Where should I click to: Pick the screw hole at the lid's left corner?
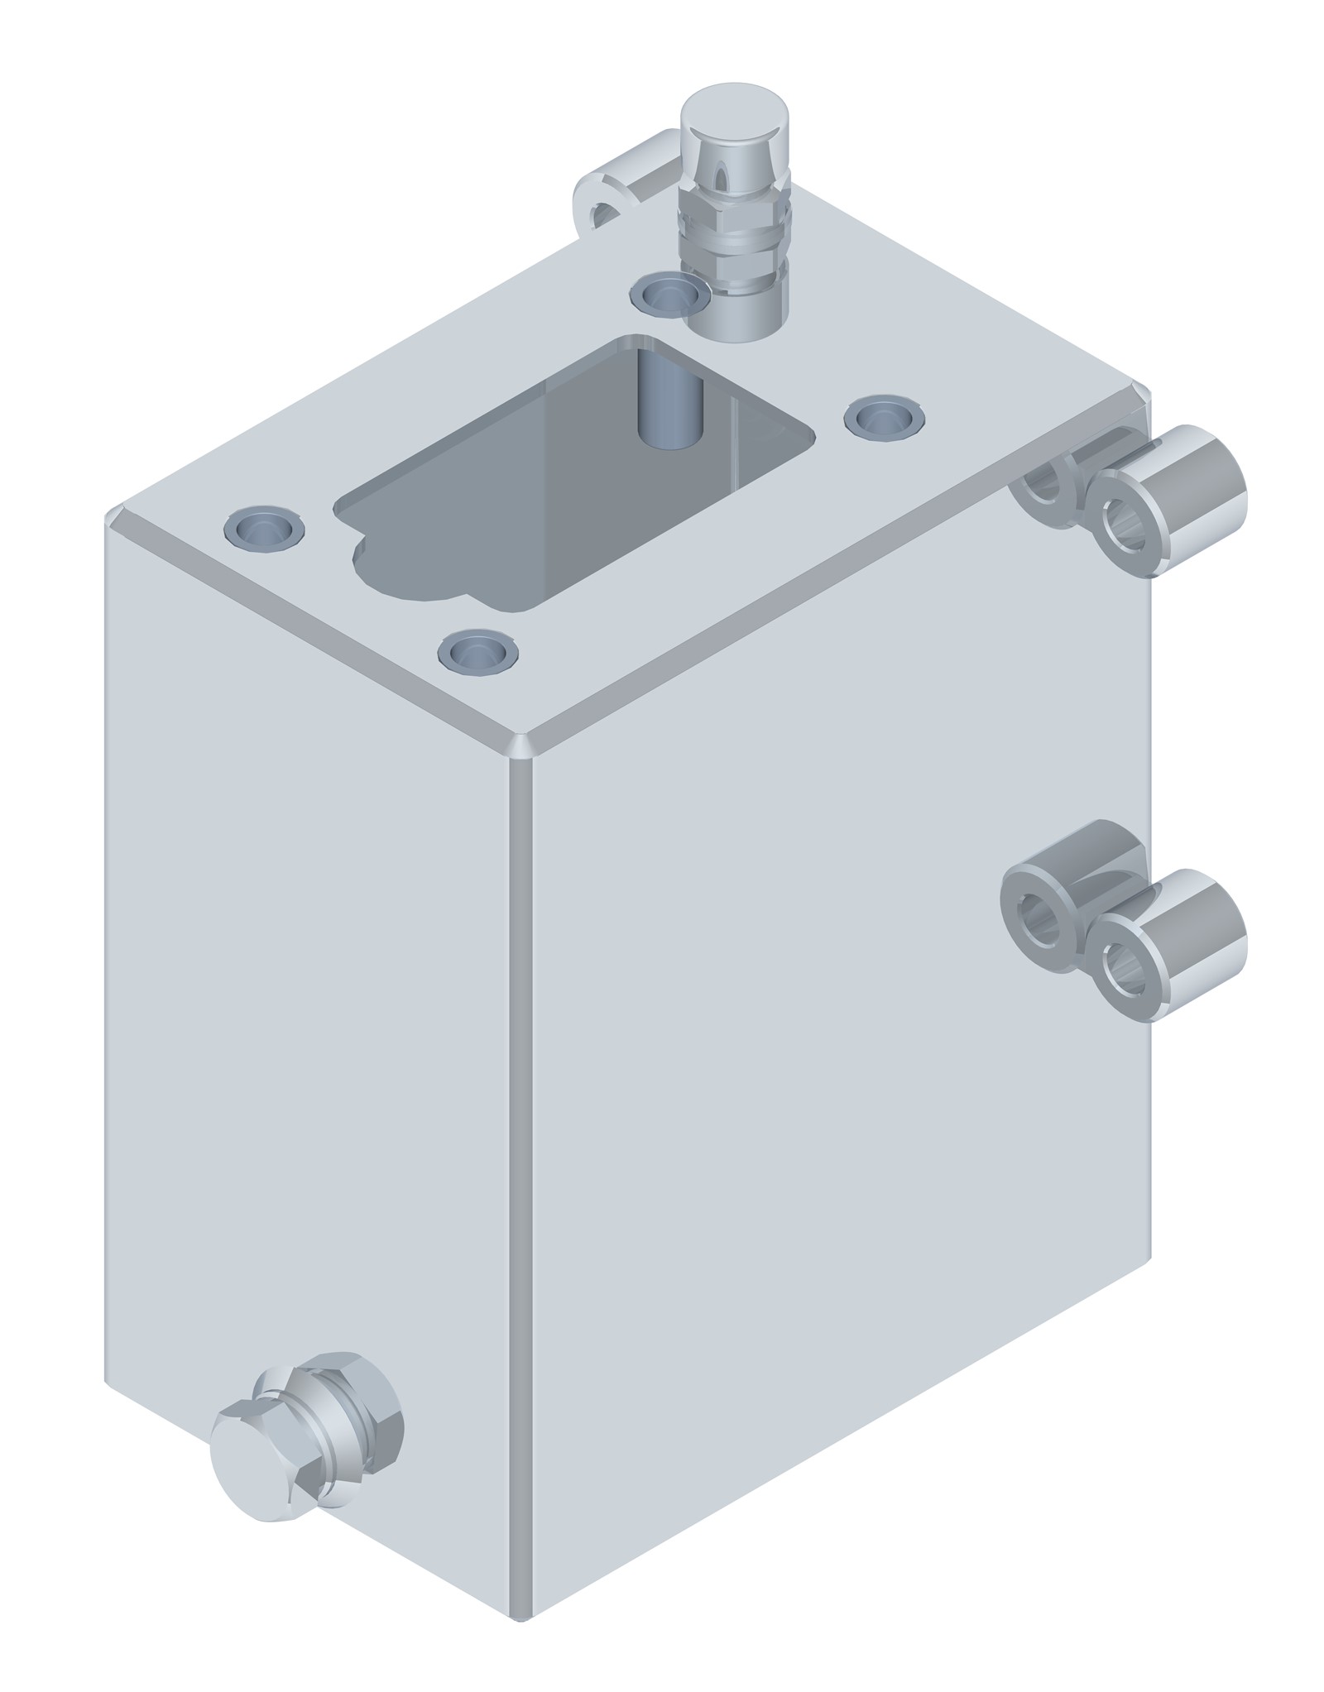[264, 527]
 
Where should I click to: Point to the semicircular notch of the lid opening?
[405, 571]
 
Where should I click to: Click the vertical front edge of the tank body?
[520, 1158]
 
